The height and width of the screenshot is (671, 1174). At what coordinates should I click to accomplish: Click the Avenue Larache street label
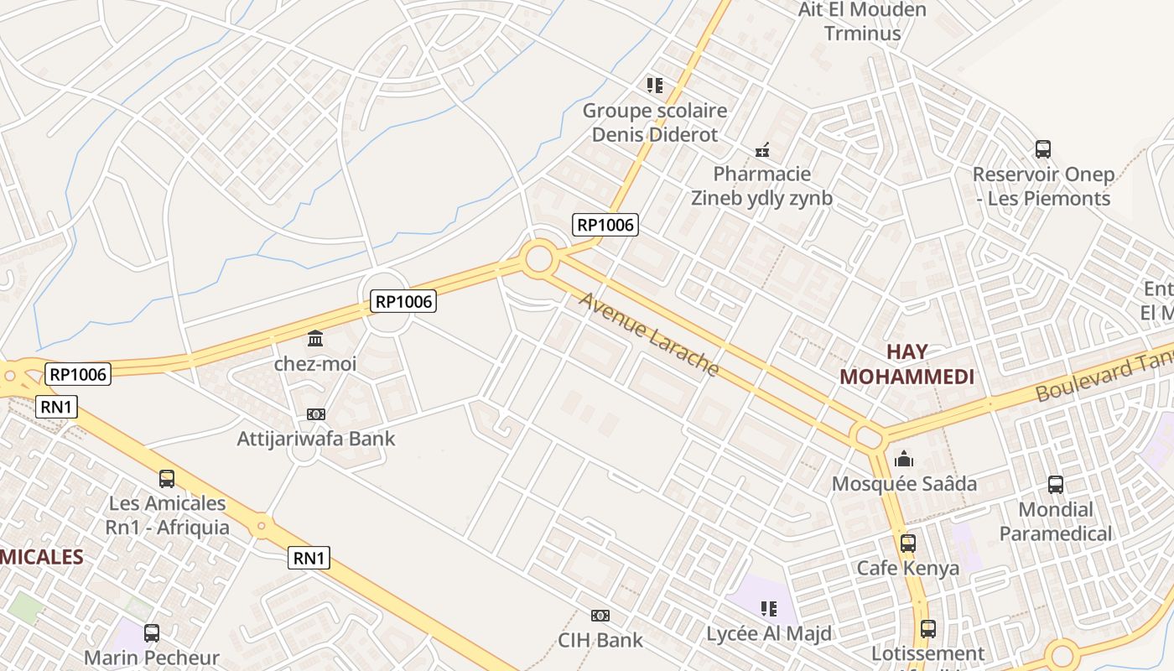(649, 335)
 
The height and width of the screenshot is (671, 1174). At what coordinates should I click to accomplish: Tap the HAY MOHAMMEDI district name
(906, 365)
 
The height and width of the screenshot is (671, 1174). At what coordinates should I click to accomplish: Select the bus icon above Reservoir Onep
(1042, 149)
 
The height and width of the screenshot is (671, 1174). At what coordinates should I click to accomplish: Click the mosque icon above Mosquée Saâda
(904, 459)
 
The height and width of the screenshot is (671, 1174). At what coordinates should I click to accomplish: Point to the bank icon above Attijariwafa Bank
(315, 414)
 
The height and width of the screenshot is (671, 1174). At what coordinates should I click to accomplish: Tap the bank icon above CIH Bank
(600, 616)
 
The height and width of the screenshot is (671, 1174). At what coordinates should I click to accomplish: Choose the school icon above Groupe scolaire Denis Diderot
(654, 85)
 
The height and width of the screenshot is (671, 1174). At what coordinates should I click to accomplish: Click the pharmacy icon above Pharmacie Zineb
(761, 150)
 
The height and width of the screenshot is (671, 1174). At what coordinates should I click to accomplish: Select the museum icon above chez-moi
(315, 339)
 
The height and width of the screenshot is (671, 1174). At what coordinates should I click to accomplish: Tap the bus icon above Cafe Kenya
(907, 543)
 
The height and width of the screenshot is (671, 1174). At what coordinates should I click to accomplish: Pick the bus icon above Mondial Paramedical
(1055, 484)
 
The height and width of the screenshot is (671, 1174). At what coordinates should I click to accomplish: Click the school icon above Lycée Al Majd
(768, 608)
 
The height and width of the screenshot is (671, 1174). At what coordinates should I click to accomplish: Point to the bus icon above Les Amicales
(167, 479)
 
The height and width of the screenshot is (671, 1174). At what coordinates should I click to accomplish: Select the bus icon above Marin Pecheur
(152, 633)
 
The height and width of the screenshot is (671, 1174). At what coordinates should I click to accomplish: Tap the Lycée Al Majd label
(769, 633)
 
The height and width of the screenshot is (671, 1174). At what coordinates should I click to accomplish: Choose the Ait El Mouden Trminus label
(862, 22)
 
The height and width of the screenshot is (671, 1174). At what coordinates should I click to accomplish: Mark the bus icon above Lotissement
(927, 628)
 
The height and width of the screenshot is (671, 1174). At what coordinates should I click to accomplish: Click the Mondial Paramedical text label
(1055, 521)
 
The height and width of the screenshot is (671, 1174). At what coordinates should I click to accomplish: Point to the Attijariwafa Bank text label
(315, 439)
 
